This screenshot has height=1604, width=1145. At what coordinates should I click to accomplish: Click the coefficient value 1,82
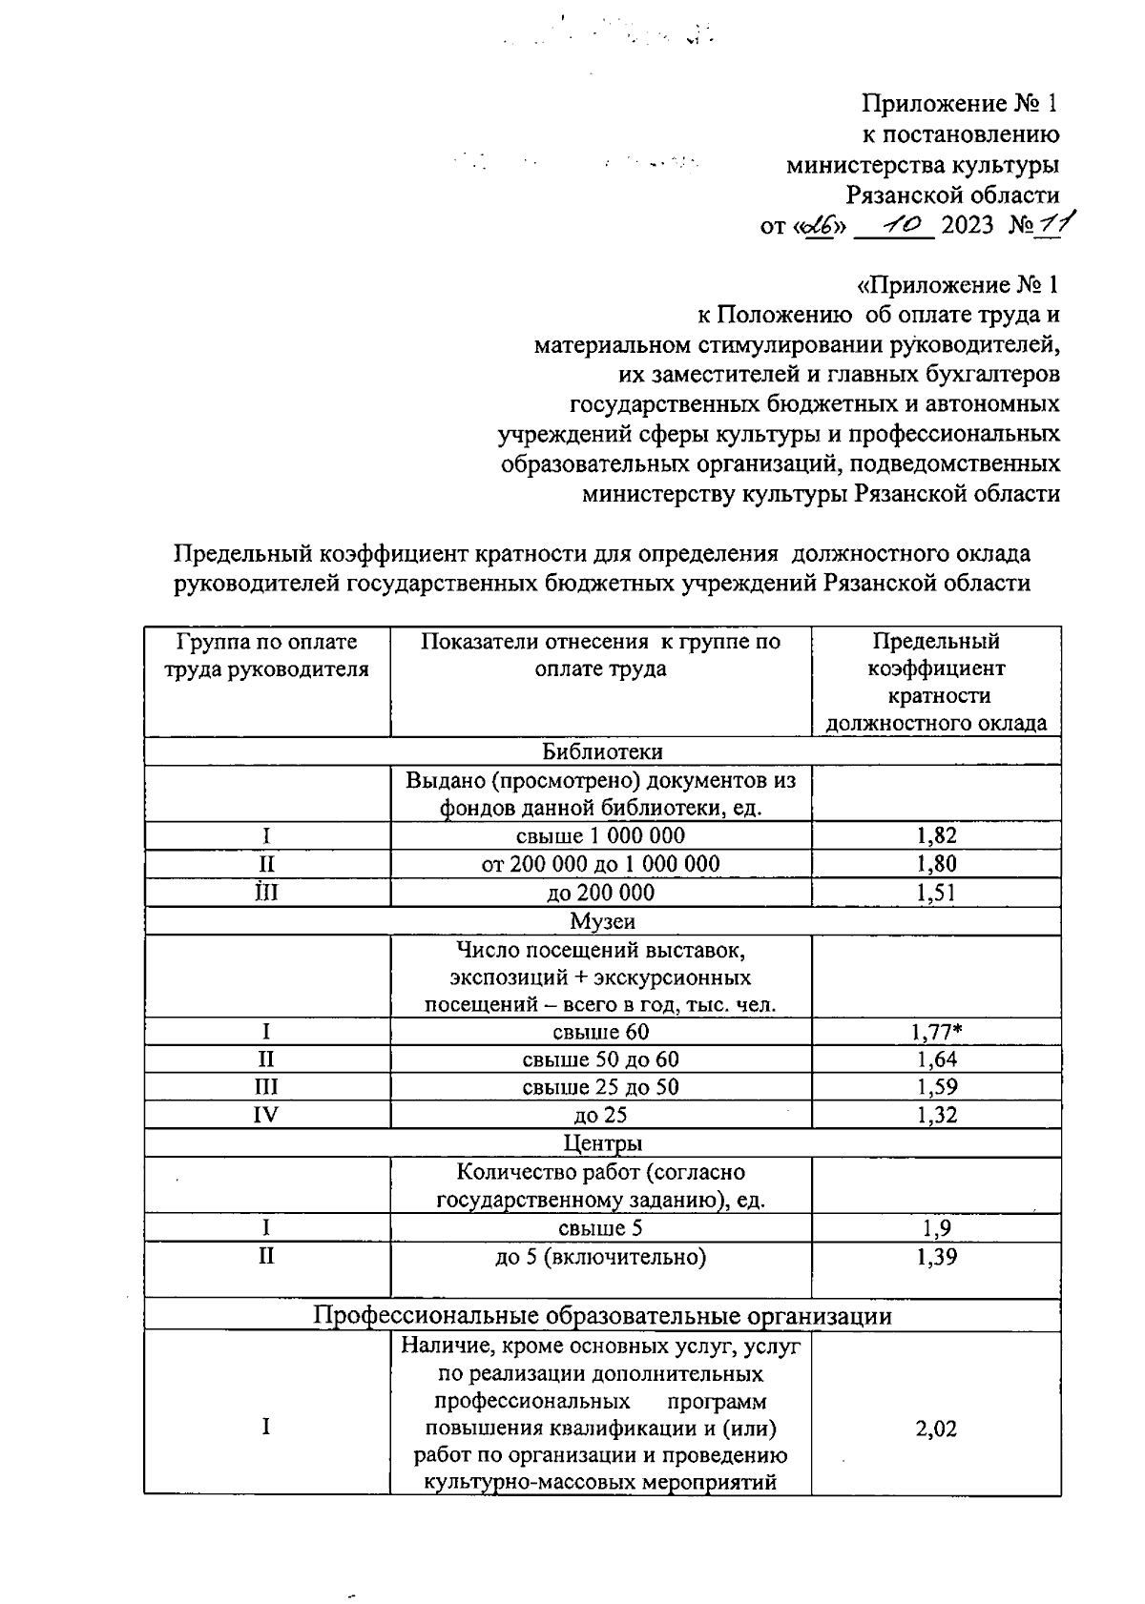[x=936, y=836]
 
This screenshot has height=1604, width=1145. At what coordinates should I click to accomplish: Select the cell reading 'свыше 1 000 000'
[x=600, y=836]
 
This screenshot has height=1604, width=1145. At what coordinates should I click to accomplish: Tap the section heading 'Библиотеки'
[x=602, y=751]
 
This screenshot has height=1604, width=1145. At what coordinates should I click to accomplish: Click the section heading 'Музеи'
[x=602, y=921]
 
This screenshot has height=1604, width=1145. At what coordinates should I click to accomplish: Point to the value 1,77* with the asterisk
[x=941, y=1031]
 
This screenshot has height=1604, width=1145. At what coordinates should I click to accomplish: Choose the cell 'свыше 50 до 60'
[x=600, y=1059]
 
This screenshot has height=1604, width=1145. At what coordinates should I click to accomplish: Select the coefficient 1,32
[x=936, y=1115]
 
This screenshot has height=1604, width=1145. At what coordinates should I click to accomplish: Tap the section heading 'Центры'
[x=602, y=1142]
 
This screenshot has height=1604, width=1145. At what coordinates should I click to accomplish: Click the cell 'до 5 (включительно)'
[x=600, y=1257]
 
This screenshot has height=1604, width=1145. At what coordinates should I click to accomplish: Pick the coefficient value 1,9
[x=936, y=1228]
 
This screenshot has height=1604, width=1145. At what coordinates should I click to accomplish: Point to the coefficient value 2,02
[x=936, y=1429]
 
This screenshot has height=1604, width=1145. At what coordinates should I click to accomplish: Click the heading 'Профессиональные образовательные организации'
[x=602, y=1316]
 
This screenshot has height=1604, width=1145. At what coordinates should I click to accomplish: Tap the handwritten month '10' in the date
[x=899, y=224]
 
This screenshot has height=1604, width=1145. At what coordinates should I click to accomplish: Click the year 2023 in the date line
[x=968, y=226]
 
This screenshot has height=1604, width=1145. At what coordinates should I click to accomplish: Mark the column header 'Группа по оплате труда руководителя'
[x=266, y=655]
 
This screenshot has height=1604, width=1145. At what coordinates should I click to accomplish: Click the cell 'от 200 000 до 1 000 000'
[x=600, y=864]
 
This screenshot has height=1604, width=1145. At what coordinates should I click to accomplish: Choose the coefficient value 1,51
[x=936, y=893]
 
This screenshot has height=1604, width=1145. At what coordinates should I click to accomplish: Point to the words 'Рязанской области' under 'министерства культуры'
[x=952, y=195]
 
